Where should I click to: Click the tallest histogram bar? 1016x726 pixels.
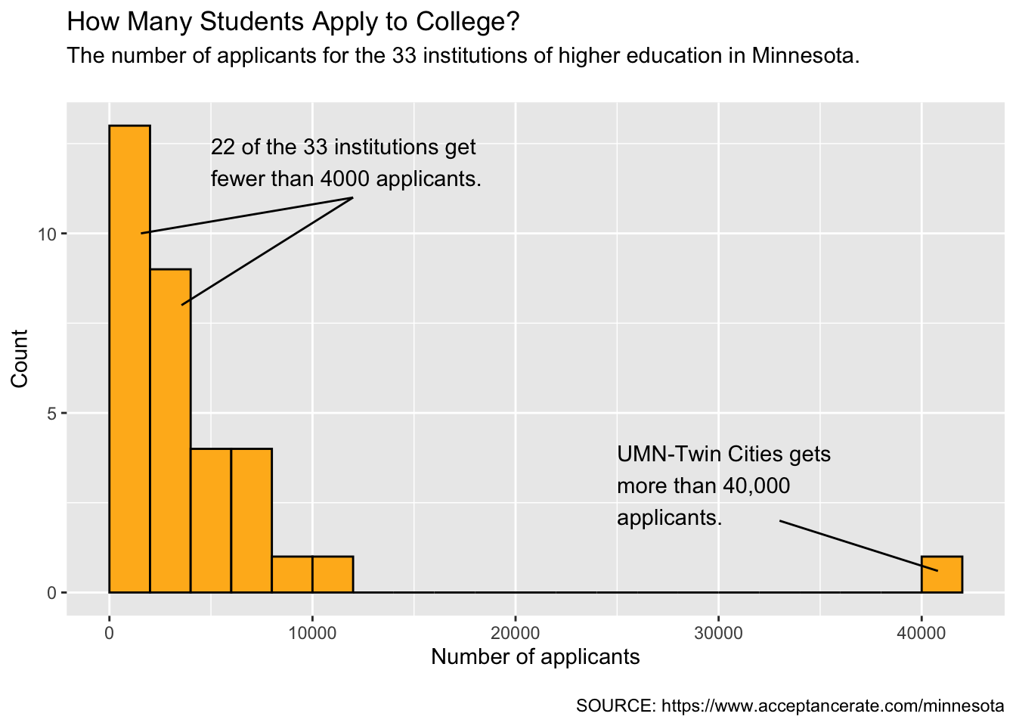[130, 359]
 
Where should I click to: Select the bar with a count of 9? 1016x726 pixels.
[171, 430]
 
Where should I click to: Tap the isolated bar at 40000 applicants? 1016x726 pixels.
[942, 575]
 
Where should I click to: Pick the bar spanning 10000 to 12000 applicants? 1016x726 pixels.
[333, 575]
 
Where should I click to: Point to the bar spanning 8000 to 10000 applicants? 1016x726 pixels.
[292, 575]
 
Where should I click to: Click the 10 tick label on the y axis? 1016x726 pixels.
[47, 234]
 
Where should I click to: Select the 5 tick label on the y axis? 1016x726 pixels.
[51, 414]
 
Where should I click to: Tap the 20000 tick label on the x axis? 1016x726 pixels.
[516, 634]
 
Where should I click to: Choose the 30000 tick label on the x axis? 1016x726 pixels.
[718, 634]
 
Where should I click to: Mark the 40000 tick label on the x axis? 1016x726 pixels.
[922, 634]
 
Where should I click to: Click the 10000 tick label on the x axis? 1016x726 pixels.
[312, 634]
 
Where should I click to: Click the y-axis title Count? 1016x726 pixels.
[20, 359]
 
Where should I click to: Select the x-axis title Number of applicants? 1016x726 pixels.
[535, 657]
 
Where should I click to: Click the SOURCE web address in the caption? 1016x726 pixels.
[833, 706]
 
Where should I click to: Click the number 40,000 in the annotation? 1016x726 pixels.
[757, 486]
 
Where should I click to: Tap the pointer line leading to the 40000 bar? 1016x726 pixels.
[859, 546]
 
